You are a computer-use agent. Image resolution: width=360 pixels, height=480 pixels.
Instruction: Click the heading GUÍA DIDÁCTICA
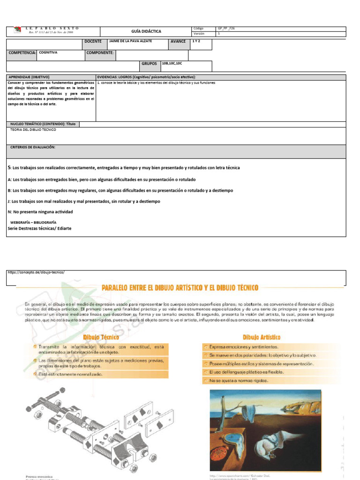[x=146, y=31]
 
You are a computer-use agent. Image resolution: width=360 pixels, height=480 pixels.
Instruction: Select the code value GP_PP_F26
[x=226, y=29]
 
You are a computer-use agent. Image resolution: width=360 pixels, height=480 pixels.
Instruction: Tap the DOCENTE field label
[x=93, y=42]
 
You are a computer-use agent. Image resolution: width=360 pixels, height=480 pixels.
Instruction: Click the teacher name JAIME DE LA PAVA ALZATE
[x=130, y=41]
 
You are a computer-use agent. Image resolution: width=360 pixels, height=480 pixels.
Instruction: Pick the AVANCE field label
[x=178, y=42]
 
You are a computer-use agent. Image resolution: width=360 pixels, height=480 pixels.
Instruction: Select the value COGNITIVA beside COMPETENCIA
[x=48, y=53]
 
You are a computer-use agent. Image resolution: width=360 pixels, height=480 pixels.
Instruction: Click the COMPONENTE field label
[x=100, y=53]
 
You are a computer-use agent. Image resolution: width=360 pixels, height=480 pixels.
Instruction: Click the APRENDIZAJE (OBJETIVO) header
[x=29, y=77]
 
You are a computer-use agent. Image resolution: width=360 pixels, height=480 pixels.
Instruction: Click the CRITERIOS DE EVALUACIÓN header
[x=33, y=147]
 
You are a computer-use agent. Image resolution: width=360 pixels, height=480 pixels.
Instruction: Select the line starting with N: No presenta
[x=40, y=212]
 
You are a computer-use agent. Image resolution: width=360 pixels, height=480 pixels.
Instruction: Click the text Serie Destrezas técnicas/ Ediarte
[x=40, y=229]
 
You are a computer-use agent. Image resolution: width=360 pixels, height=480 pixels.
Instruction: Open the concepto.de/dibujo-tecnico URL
[x=36, y=272]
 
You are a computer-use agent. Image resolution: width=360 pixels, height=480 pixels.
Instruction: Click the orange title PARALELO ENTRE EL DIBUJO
[x=180, y=287]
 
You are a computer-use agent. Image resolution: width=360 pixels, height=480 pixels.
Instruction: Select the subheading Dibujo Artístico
[x=261, y=337]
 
